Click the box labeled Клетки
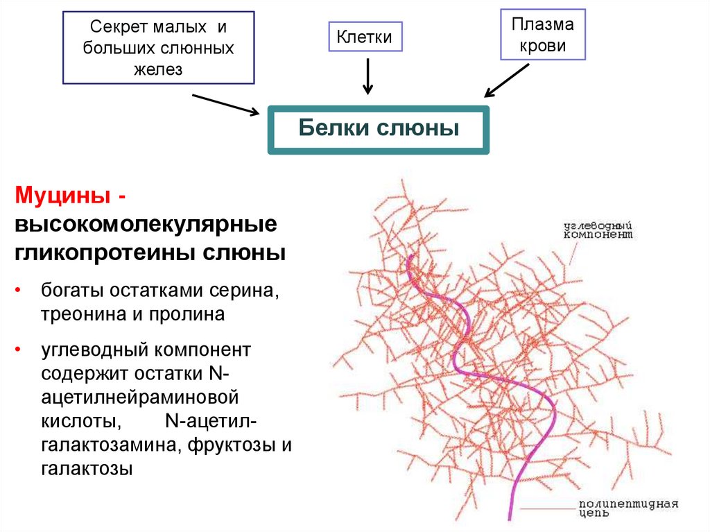coord(365,37)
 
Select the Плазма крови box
coord(543,36)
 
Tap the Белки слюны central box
coord(379,129)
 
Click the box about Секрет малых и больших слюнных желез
coord(159,48)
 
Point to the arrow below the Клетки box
coord(367,76)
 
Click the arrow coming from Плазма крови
coord(507,81)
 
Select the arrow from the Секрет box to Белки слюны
coord(225,104)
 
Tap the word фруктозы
coord(232,445)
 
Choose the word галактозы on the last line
coord(87,469)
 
